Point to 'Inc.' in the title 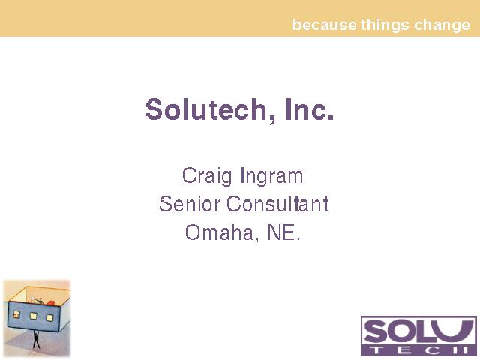[x=309, y=109]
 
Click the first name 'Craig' [x=207, y=177]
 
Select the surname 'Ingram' [x=271, y=177]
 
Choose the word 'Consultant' [x=277, y=204]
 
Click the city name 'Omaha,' [x=222, y=232]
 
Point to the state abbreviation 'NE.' [x=283, y=232]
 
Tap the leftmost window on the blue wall [x=16, y=314]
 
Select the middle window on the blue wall [x=33, y=316]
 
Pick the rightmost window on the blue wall [x=49, y=318]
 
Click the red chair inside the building [x=50, y=303]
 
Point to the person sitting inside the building [x=39, y=300]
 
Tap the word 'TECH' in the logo [x=419, y=350]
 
